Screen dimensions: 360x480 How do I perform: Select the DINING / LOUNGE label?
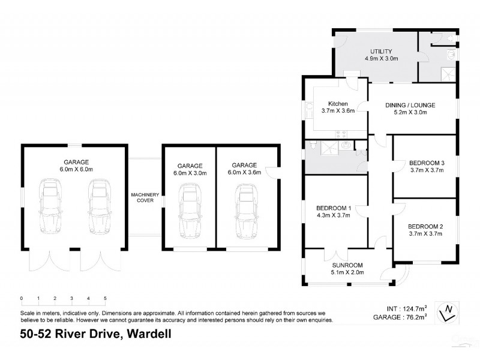(410, 104)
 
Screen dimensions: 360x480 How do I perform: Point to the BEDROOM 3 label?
(425, 162)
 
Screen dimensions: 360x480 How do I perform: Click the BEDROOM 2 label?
(425, 226)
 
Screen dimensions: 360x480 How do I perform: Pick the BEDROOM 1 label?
(334, 208)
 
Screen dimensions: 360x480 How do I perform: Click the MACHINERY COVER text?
(145, 197)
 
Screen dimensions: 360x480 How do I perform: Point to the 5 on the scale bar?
(105, 298)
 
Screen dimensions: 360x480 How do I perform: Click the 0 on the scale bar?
(21, 298)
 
